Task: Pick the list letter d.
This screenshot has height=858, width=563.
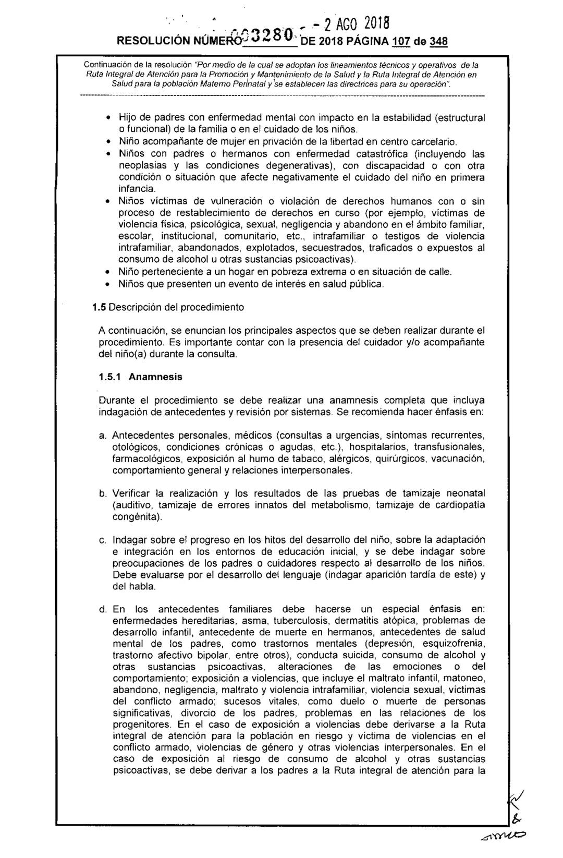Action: pyautogui.click(x=103, y=609)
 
